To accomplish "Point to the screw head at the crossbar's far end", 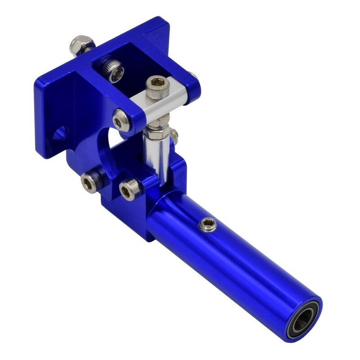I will (x=192, y=75).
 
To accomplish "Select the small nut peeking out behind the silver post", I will (x=174, y=135).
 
